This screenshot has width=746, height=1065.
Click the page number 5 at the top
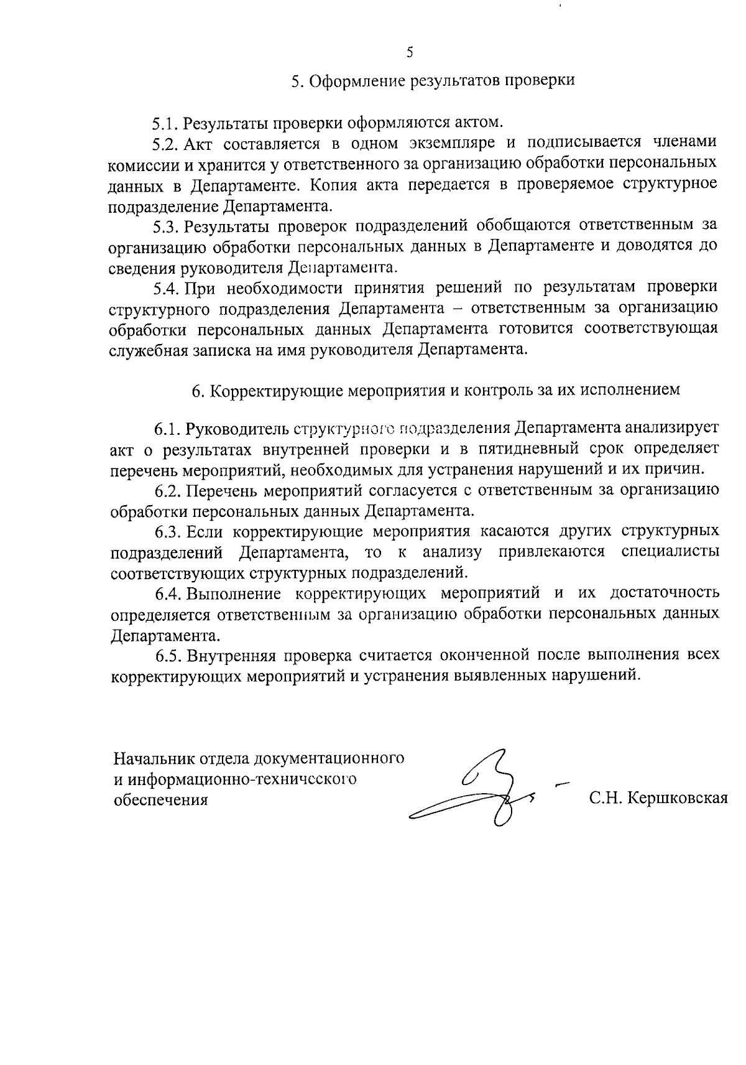[x=410, y=52]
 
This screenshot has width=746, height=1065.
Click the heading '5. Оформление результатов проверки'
[x=433, y=81]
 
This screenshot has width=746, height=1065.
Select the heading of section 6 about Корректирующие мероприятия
[x=435, y=390]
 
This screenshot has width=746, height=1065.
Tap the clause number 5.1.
[x=166, y=122]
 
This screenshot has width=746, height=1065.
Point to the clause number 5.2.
[x=166, y=144]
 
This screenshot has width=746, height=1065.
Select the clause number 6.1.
[x=168, y=429]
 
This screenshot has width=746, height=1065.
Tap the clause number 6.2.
[x=168, y=490]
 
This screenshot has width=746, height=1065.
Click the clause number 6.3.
[x=168, y=531]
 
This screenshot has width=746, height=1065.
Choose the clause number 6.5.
[x=168, y=654]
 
